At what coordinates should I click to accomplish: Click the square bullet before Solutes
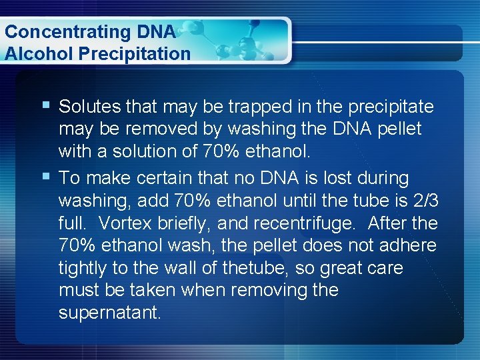(44, 105)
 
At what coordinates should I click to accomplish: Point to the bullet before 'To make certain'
(44, 177)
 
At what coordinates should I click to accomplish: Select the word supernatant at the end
(109, 313)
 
